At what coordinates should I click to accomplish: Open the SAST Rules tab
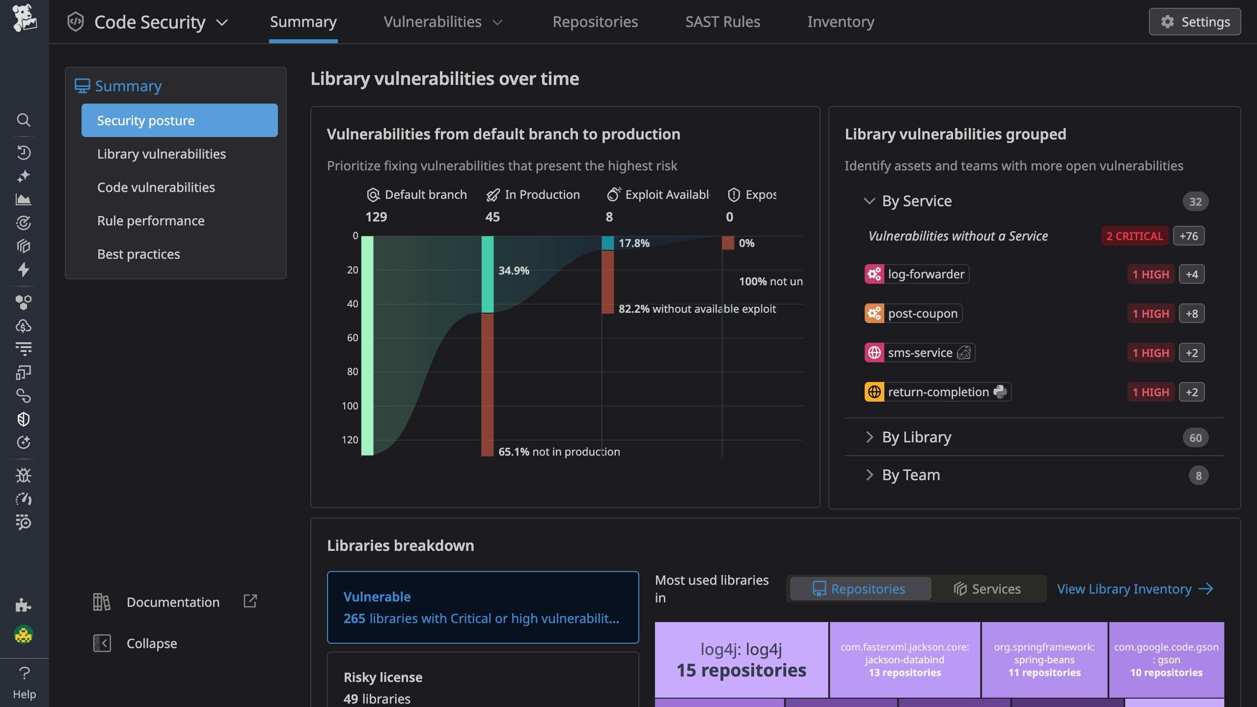click(722, 22)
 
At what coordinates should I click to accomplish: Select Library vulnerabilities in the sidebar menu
click(161, 154)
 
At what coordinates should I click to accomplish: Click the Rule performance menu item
click(150, 221)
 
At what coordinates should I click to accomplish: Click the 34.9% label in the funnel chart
click(514, 271)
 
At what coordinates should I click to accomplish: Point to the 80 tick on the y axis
click(353, 372)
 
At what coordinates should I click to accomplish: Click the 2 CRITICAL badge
click(1134, 236)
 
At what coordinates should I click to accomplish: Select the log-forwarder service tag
click(916, 274)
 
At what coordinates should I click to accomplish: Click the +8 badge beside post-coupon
click(1191, 314)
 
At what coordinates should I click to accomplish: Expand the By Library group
click(916, 437)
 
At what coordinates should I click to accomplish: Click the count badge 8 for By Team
click(1198, 475)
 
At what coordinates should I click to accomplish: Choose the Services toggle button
click(987, 589)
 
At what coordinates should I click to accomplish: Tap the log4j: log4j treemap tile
click(741, 659)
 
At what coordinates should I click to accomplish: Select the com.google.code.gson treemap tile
click(1166, 659)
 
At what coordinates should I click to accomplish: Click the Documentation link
click(173, 602)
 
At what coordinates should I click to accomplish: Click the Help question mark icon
click(24, 673)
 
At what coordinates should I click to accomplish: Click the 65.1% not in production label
click(559, 452)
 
